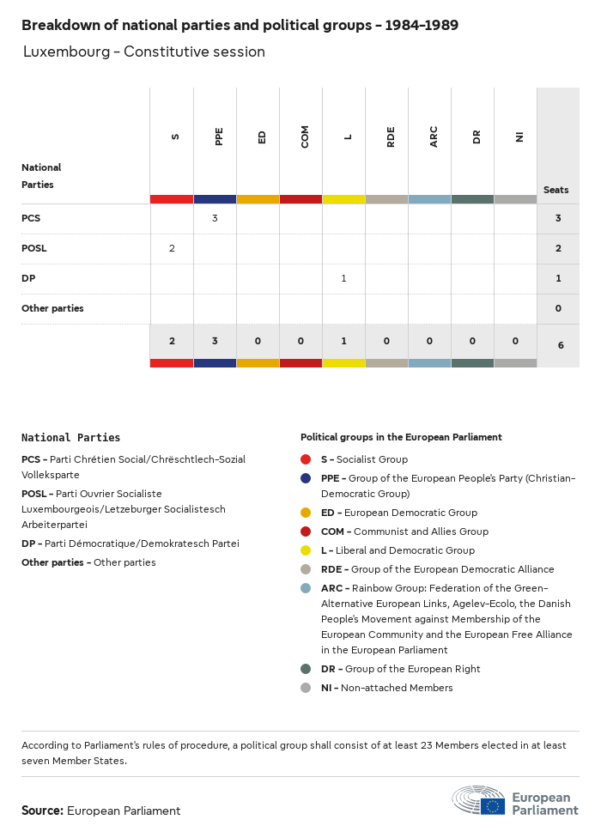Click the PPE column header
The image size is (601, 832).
click(x=219, y=136)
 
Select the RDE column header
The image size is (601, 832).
click(x=391, y=136)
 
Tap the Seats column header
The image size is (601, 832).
click(x=555, y=190)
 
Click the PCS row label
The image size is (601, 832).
click(x=31, y=218)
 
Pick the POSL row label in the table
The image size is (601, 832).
click(x=34, y=248)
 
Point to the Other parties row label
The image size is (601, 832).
click(x=52, y=308)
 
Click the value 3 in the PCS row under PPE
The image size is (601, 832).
click(x=215, y=218)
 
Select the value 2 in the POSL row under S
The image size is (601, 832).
click(x=172, y=248)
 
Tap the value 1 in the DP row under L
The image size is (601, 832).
click(x=343, y=278)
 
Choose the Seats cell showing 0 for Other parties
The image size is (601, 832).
click(x=558, y=308)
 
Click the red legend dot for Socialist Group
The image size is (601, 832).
click(x=307, y=459)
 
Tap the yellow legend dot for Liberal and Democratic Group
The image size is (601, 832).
click(x=307, y=550)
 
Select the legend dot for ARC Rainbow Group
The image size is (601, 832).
click(x=307, y=588)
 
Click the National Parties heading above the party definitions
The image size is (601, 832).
click(x=70, y=438)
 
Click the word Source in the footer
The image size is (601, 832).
click(x=42, y=811)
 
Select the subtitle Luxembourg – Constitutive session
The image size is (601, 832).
click(x=144, y=52)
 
